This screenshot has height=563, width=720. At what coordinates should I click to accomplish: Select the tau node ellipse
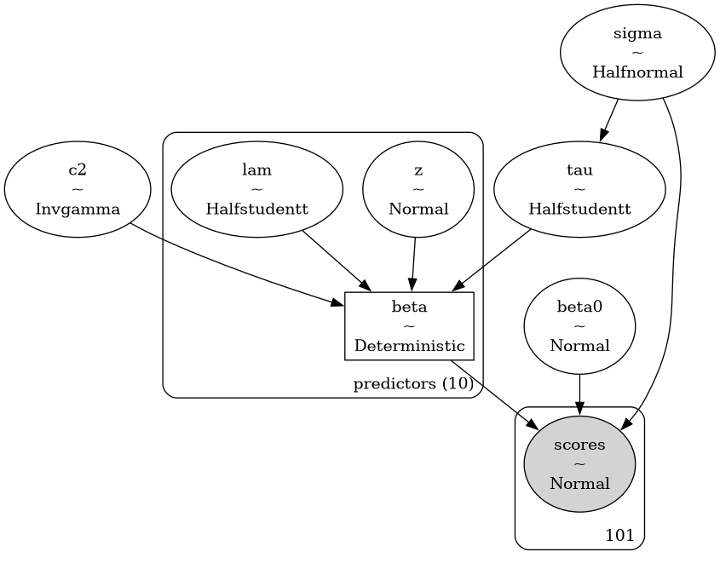click(x=579, y=189)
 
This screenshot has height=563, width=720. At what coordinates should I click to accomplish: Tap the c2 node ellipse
click(x=77, y=189)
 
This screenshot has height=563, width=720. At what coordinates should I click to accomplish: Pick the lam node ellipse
click(x=256, y=189)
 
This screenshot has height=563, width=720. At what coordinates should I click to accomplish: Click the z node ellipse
click(x=418, y=189)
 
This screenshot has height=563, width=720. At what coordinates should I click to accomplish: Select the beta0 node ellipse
click(x=579, y=326)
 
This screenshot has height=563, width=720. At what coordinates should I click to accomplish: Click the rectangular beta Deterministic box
click(x=408, y=326)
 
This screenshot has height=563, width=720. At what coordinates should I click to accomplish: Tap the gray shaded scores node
click(x=579, y=464)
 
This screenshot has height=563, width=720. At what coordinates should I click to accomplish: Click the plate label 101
click(x=619, y=536)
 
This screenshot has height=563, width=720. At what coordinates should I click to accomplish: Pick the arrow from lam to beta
click(x=335, y=261)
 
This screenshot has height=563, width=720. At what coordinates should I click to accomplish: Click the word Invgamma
click(x=77, y=209)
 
